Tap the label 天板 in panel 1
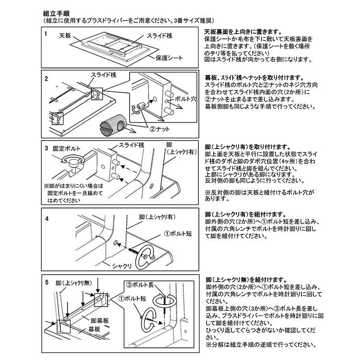(65, 35)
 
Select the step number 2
(46, 78)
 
